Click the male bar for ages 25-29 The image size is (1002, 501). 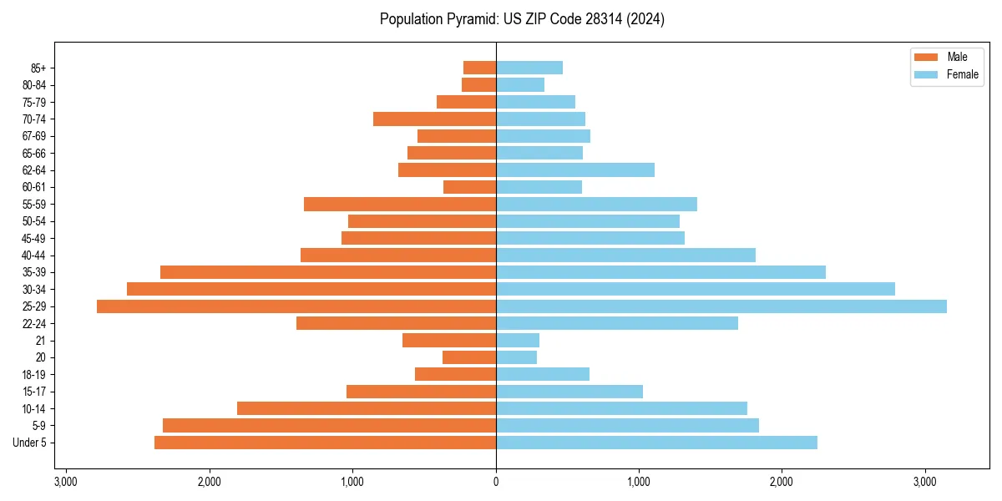point(296,306)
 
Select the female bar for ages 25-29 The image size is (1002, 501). point(721,306)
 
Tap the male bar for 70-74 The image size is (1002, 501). point(434,119)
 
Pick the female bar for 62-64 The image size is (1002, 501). point(575,170)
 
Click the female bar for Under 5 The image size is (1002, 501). point(656,443)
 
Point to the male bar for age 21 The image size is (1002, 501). point(449,341)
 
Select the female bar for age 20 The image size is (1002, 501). point(517,357)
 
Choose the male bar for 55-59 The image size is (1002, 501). point(400,205)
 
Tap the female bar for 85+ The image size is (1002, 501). point(529,68)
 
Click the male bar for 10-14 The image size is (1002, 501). point(367,408)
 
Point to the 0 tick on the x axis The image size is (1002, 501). point(496,482)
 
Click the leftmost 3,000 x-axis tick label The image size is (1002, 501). point(66,482)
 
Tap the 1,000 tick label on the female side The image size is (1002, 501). point(639,482)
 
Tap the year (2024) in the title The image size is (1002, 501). point(648,19)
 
